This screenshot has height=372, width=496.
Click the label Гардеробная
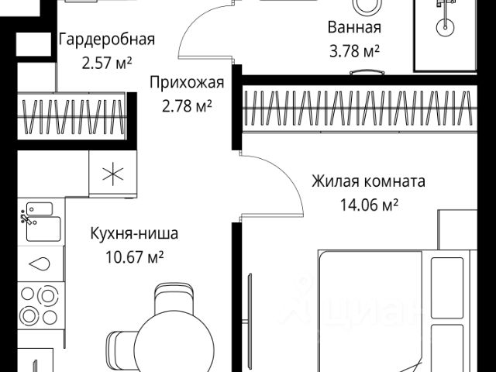tap(107, 40)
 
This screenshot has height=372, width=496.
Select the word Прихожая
tap(188, 83)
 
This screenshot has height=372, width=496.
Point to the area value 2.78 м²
tap(188, 106)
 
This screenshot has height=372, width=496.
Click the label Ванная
tap(355, 29)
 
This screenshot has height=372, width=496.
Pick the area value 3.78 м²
tap(355, 52)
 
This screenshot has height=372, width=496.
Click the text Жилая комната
tap(368, 182)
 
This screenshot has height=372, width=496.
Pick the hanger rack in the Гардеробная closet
tap(74, 112)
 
